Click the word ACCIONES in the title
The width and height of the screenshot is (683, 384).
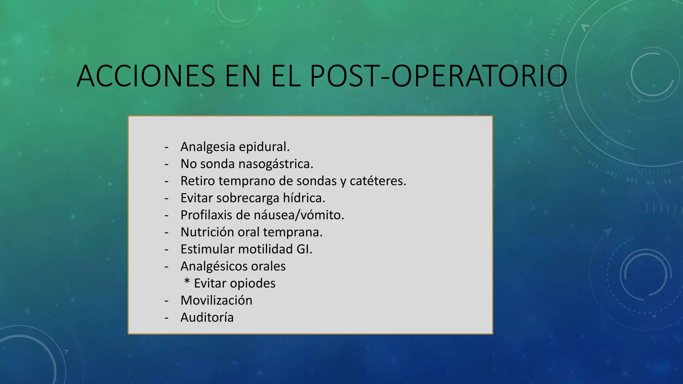point(146,76)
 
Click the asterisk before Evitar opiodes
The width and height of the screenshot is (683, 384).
point(187,282)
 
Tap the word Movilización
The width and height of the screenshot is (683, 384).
point(216,300)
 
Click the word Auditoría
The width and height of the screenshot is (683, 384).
point(207,317)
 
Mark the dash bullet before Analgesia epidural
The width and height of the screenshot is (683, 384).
point(166,147)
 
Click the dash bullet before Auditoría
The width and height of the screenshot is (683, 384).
point(166,318)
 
